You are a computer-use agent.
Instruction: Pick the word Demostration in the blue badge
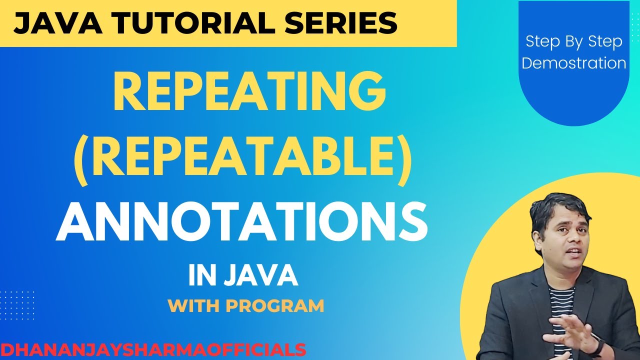coord(573,63)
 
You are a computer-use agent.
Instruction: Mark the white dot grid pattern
coord(17,305)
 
